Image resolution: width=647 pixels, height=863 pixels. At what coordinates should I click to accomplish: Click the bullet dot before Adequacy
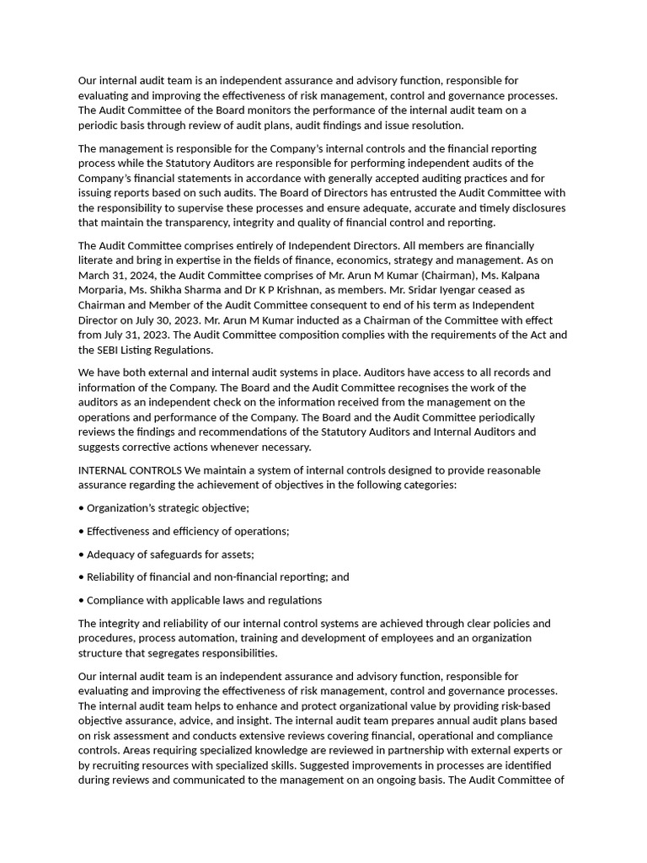tap(81, 555)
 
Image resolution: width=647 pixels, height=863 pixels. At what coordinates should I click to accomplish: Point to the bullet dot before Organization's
tap(81, 508)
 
